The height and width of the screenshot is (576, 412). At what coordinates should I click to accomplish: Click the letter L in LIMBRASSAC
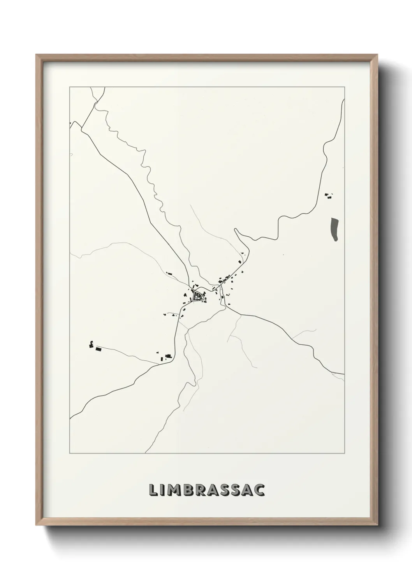(152, 490)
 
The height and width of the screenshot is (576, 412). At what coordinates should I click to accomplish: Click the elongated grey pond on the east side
(335, 229)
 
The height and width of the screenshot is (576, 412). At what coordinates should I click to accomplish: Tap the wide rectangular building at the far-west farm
(99, 349)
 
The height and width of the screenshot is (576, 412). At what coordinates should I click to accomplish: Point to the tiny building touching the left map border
(70, 124)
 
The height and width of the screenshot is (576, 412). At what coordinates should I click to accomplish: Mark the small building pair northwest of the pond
(329, 195)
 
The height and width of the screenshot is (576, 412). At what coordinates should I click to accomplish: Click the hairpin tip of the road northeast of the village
(236, 230)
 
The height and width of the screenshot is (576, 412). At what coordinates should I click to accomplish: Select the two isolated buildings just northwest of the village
(169, 274)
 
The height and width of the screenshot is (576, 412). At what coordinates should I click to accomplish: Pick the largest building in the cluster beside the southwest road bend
(168, 356)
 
